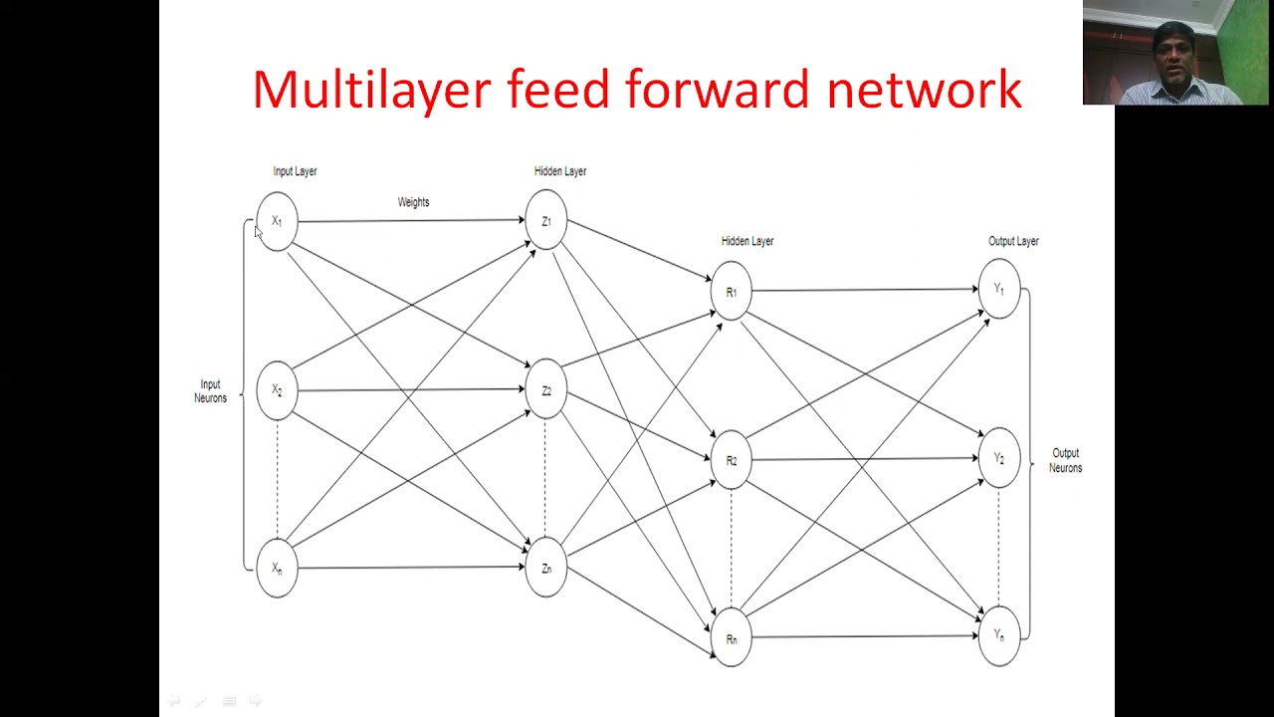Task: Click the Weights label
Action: click(x=413, y=202)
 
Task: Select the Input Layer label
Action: click(x=295, y=171)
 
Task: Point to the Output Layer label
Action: click(x=1013, y=241)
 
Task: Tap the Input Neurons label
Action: click(x=210, y=391)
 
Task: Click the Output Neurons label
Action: click(x=1065, y=460)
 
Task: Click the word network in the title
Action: click(x=925, y=89)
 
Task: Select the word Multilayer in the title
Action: click(x=371, y=91)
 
